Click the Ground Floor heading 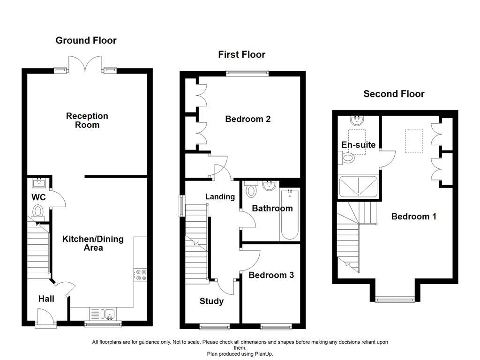coord(86,41)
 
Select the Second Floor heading coord(394,94)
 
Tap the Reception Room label coord(87,120)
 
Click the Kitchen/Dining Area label coord(93,243)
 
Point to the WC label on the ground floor coord(38,197)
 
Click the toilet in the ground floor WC coord(38,212)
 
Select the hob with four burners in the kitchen coord(140,275)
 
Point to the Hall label coord(46,299)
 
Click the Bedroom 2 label coord(247,119)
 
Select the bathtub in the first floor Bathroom coord(289,215)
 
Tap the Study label coord(211,301)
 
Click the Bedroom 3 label coord(271,275)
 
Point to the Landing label coord(220,197)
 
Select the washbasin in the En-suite coord(357,121)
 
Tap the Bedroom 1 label coord(414,217)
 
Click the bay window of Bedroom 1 coord(395,299)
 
